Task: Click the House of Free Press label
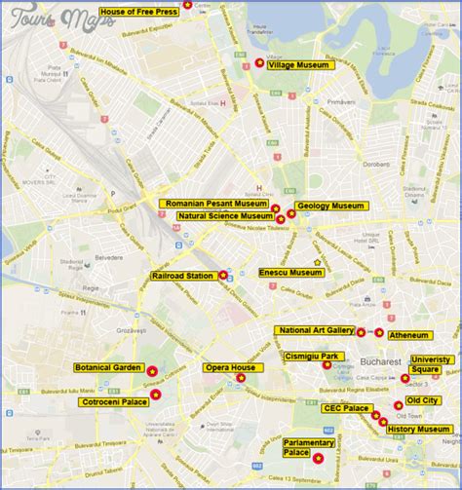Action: click(x=138, y=12)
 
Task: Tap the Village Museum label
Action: click(x=298, y=64)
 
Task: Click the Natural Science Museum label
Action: click(x=224, y=215)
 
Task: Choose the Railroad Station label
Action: click(x=182, y=277)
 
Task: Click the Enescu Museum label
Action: click(x=290, y=273)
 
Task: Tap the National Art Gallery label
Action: click(x=314, y=330)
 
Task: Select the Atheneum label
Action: click(x=409, y=335)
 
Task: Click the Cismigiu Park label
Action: click(x=313, y=357)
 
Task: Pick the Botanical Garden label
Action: click(x=107, y=368)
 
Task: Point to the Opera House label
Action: click(x=230, y=367)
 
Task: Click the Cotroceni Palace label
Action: click(x=114, y=400)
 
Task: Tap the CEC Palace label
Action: click(x=346, y=408)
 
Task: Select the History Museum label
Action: click(x=418, y=429)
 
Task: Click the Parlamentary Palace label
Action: click(x=309, y=447)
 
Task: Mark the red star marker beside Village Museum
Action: click(x=259, y=63)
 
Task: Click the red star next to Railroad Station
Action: click(x=223, y=276)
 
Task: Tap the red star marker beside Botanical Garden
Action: click(x=152, y=370)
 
